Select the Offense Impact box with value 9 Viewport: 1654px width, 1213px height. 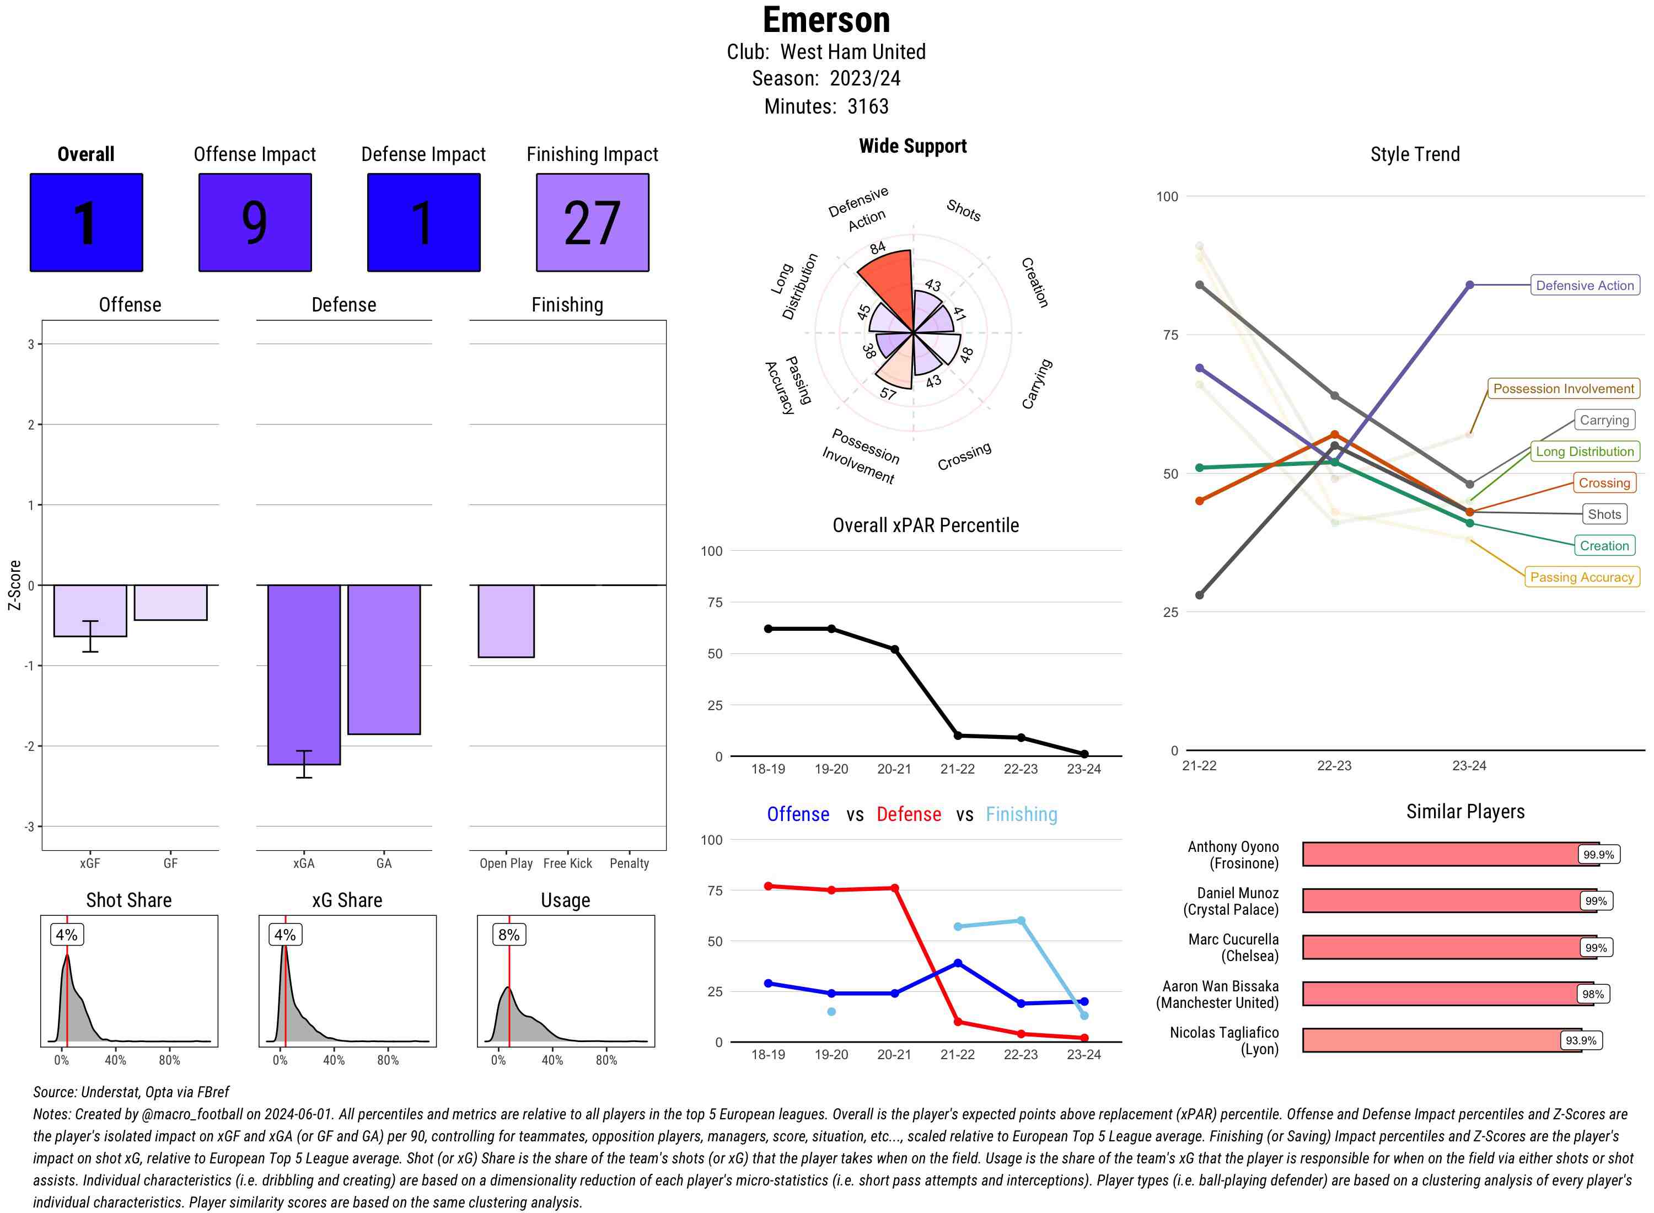click(x=255, y=223)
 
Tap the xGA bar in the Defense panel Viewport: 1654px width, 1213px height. click(x=304, y=674)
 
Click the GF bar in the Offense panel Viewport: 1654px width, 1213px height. click(x=170, y=602)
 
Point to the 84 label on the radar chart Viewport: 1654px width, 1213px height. click(x=877, y=248)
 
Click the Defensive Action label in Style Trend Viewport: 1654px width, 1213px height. click(x=1585, y=286)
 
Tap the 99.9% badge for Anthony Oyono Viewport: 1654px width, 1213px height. click(x=1598, y=855)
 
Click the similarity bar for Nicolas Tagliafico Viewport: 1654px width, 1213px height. click(x=1441, y=1040)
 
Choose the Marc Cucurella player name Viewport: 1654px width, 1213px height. click(x=1233, y=948)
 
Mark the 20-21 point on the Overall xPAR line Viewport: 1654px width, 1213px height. click(x=894, y=650)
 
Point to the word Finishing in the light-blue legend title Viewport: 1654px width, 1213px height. click(x=1021, y=814)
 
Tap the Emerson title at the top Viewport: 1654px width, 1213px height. click(x=826, y=20)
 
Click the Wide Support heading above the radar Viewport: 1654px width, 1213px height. click(x=912, y=146)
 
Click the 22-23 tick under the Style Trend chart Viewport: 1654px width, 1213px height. click(x=1334, y=766)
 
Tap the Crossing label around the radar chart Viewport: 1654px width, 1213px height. click(x=964, y=456)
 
